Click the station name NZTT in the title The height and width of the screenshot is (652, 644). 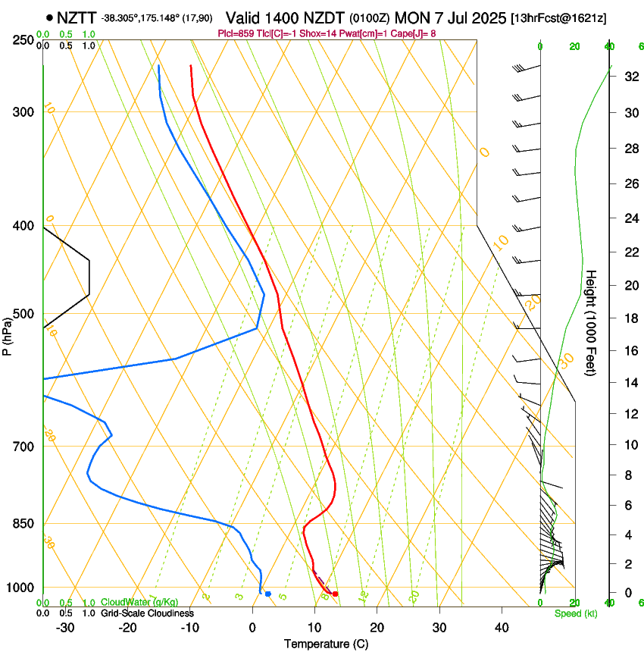(x=75, y=17)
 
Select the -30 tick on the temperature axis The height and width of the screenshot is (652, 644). (x=65, y=627)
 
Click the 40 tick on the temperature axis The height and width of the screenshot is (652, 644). (x=502, y=627)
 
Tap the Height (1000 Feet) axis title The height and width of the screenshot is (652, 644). (x=592, y=323)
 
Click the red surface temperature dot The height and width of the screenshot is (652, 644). (x=335, y=594)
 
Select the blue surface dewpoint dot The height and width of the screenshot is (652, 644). (x=267, y=594)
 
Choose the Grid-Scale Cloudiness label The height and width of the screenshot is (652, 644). (x=147, y=613)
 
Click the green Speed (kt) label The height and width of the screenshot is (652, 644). (x=571, y=613)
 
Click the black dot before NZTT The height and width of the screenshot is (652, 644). (x=49, y=17)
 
